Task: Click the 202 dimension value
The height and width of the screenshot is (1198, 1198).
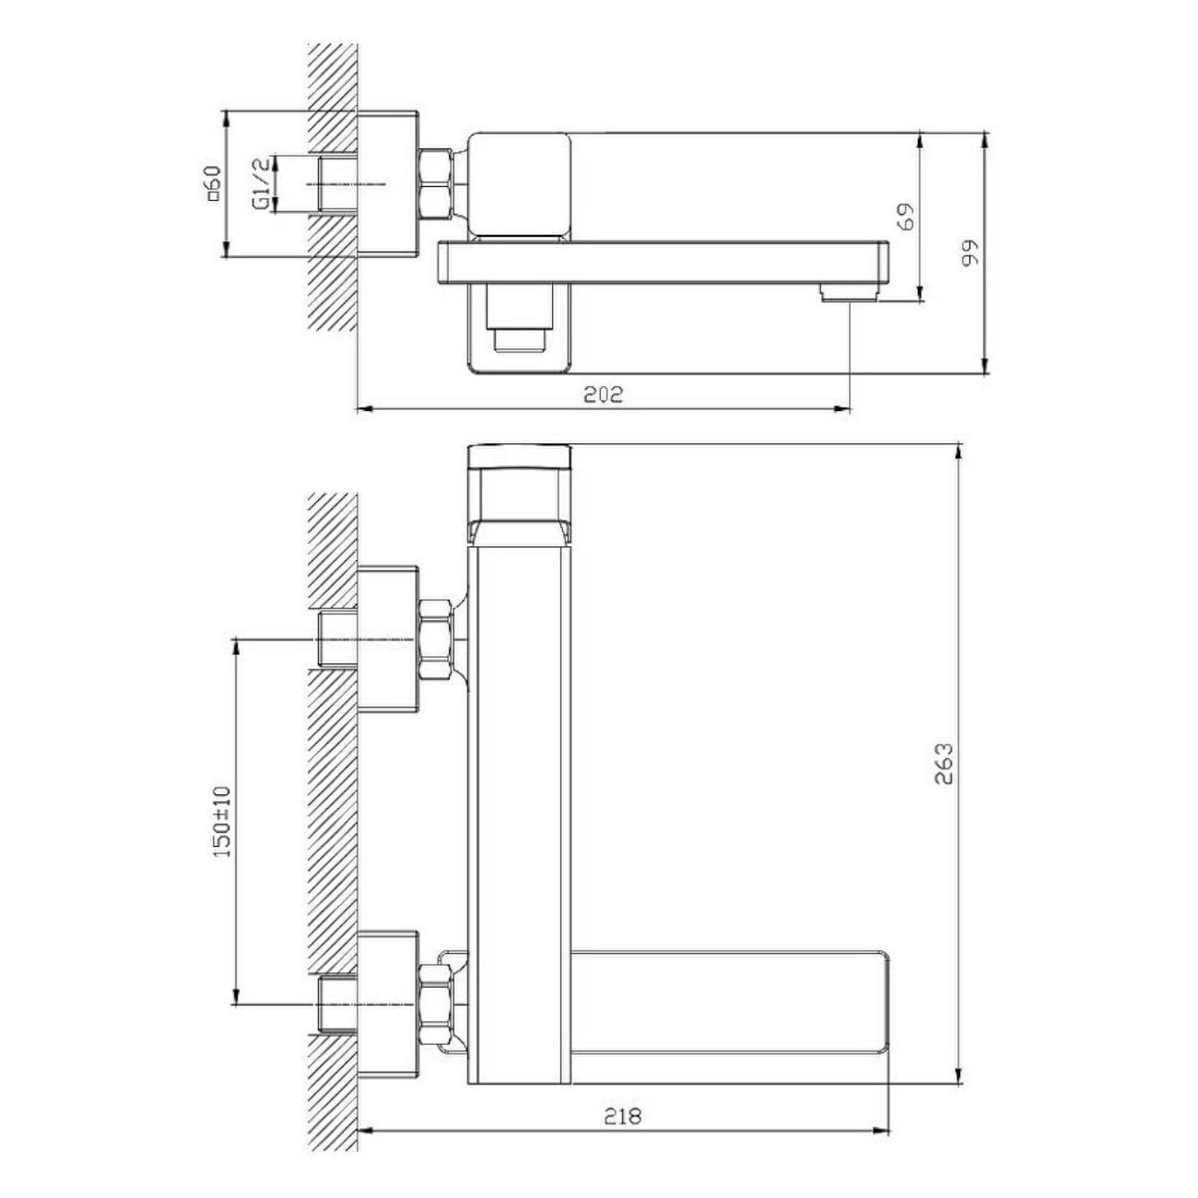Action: pos(603,394)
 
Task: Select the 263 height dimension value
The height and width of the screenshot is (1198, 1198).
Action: pos(944,764)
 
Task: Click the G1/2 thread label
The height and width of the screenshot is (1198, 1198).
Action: pos(263,184)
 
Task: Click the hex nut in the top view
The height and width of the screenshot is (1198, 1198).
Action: pos(437,183)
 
